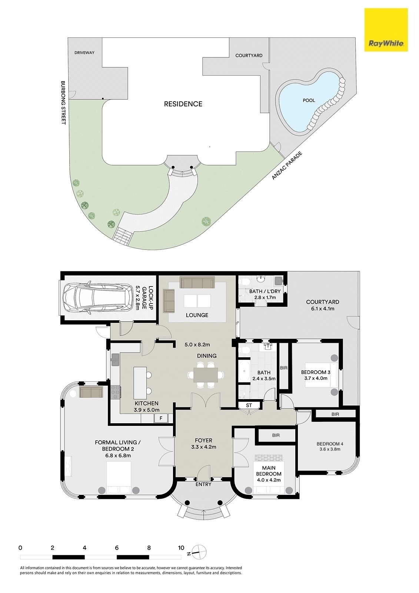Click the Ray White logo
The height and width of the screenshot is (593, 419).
386,30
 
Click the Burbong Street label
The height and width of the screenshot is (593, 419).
63,103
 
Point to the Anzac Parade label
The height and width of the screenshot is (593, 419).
287,165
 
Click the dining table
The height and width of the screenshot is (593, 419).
206,375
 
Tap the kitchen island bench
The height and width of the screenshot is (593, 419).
140,383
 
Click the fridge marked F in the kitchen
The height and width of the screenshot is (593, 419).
161,418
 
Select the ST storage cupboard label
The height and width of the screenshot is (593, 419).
249,405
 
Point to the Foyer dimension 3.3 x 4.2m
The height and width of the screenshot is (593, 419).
203,447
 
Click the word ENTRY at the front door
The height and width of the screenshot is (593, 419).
203,484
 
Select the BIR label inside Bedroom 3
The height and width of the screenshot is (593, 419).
283,368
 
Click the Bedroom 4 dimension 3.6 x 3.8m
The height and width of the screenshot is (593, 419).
330,449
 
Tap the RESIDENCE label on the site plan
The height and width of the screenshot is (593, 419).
183,104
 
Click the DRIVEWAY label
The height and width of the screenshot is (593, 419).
84,53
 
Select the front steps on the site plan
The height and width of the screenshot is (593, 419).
122,234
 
